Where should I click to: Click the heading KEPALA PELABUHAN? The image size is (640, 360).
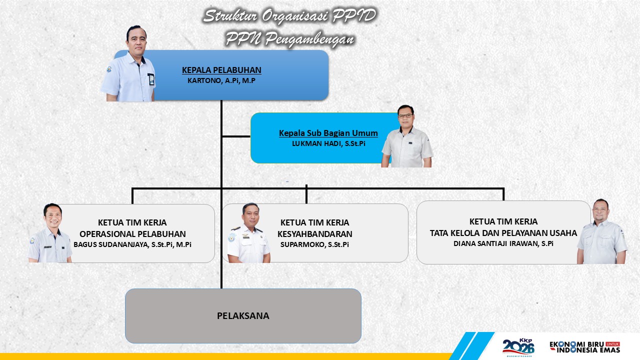221,70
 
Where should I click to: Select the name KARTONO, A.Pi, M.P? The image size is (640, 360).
221,80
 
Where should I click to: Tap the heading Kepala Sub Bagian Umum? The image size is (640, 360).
328,133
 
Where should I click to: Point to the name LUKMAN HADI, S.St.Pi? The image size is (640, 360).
328,143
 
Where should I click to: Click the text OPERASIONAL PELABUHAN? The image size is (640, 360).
132,234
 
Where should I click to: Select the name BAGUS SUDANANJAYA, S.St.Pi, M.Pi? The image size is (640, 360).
132,244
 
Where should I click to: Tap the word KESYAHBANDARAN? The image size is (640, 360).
315,234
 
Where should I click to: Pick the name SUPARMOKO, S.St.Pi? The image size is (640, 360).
314,244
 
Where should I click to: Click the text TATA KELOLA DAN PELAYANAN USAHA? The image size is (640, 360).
503,233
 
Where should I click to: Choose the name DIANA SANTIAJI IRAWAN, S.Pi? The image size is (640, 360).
503,243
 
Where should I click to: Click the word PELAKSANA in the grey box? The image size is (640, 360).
243,315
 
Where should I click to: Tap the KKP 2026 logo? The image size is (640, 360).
518,347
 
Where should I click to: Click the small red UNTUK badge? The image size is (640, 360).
613,344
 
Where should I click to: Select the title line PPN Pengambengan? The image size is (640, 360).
289,39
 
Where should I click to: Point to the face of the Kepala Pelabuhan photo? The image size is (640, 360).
137,42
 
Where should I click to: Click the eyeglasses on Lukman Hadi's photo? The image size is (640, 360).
405,116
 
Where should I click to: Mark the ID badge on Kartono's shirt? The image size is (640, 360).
151,79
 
